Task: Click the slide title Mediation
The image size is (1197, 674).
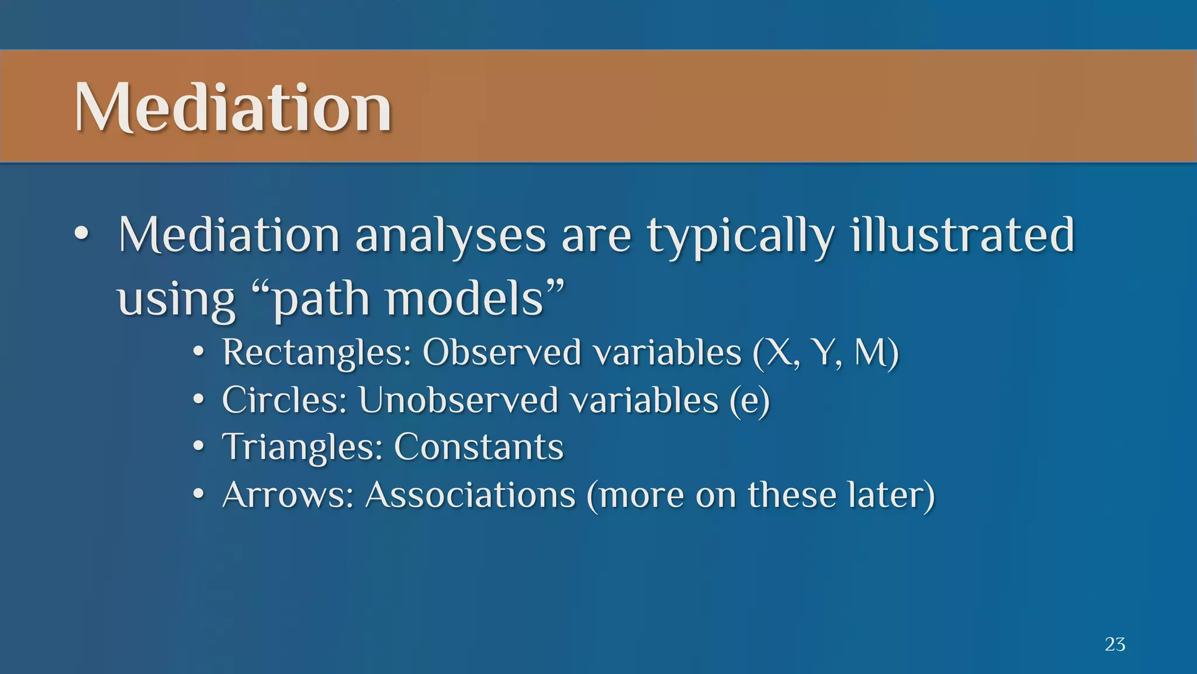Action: coord(233,108)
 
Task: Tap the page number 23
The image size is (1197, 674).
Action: coord(1115,644)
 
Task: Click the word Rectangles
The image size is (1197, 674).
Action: coord(316,353)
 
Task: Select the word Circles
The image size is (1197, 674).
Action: coord(284,401)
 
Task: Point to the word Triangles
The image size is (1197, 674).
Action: coord(302,448)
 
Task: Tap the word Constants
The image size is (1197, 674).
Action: coord(478,448)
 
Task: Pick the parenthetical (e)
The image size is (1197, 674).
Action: coord(749,401)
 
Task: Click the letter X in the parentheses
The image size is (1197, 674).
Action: coord(780,353)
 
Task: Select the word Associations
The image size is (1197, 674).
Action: coord(471,495)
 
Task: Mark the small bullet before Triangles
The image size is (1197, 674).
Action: coord(199,448)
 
